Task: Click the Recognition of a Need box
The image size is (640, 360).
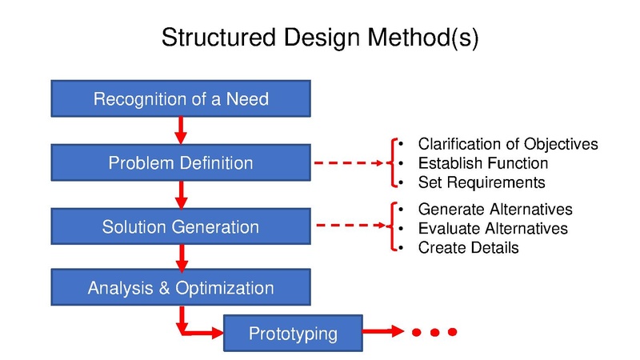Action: [x=181, y=99]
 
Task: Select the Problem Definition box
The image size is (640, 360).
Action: [x=181, y=163]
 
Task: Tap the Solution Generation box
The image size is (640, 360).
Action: [x=181, y=226]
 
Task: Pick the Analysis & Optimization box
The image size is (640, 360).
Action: [x=181, y=288]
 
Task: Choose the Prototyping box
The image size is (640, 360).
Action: [x=293, y=332]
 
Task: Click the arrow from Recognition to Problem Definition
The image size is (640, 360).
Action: [x=181, y=130]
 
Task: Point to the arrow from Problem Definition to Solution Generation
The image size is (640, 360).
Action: [x=181, y=194]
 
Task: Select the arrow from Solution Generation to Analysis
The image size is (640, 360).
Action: [x=181, y=257]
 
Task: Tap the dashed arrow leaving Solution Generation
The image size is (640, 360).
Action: [x=352, y=226]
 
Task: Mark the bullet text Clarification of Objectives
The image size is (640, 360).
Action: [x=508, y=144]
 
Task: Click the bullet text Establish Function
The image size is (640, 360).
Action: [x=482, y=163]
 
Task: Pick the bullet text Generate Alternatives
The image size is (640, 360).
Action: [x=495, y=210]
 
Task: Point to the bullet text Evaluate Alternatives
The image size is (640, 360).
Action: [x=493, y=229]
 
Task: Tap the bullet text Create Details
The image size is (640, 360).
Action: [x=468, y=248]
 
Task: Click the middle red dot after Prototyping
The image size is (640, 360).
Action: [x=434, y=332]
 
